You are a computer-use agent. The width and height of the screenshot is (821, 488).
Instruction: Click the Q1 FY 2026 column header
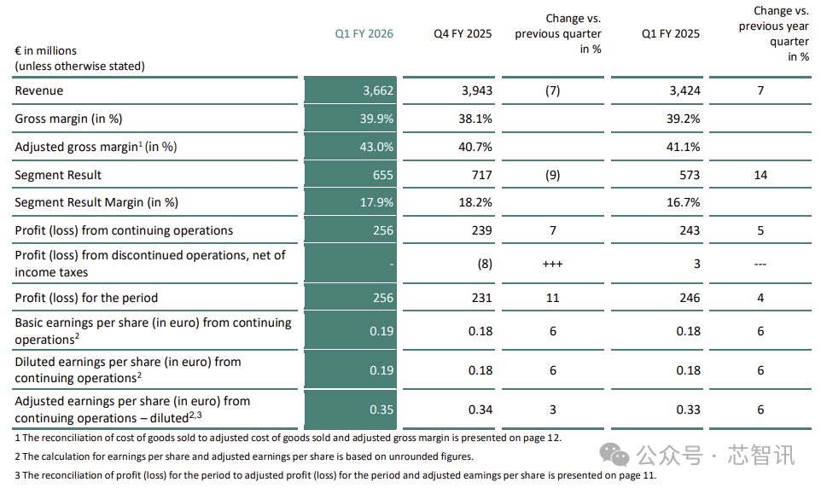point(364,33)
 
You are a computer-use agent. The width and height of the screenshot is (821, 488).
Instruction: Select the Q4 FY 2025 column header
point(463,33)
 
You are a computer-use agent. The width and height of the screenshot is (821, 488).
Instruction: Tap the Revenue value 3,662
point(378,90)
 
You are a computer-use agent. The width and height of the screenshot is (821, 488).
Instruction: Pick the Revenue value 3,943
point(476,90)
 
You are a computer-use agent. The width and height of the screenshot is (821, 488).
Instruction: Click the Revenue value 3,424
point(684,90)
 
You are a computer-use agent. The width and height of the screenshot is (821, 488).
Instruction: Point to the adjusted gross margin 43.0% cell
point(376,147)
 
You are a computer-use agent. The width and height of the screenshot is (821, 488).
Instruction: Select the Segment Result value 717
point(481,175)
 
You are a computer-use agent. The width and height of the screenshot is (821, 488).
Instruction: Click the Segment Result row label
point(58,175)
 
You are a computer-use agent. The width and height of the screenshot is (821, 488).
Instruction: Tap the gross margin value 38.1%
point(475,119)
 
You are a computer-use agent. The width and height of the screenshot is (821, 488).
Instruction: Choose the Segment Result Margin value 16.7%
point(684,202)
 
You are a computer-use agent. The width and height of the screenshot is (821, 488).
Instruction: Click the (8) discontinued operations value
point(485,264)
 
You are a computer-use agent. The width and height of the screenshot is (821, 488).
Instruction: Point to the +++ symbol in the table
point(552,264)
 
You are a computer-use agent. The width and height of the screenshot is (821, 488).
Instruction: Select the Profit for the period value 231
point(481,298)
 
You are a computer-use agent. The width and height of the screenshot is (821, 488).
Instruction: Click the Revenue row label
point(38,90)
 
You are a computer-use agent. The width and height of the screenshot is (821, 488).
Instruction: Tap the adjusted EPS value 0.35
point(381,410)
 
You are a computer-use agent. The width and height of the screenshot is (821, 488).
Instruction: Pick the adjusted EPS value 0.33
point(688,410)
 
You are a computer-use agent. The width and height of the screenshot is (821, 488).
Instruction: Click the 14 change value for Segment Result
point(760,175)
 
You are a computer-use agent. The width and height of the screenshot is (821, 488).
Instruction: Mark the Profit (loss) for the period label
point(86,298)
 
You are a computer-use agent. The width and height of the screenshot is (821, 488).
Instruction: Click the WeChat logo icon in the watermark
point(614,454)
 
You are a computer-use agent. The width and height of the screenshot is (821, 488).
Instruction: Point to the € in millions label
point(45,51)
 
